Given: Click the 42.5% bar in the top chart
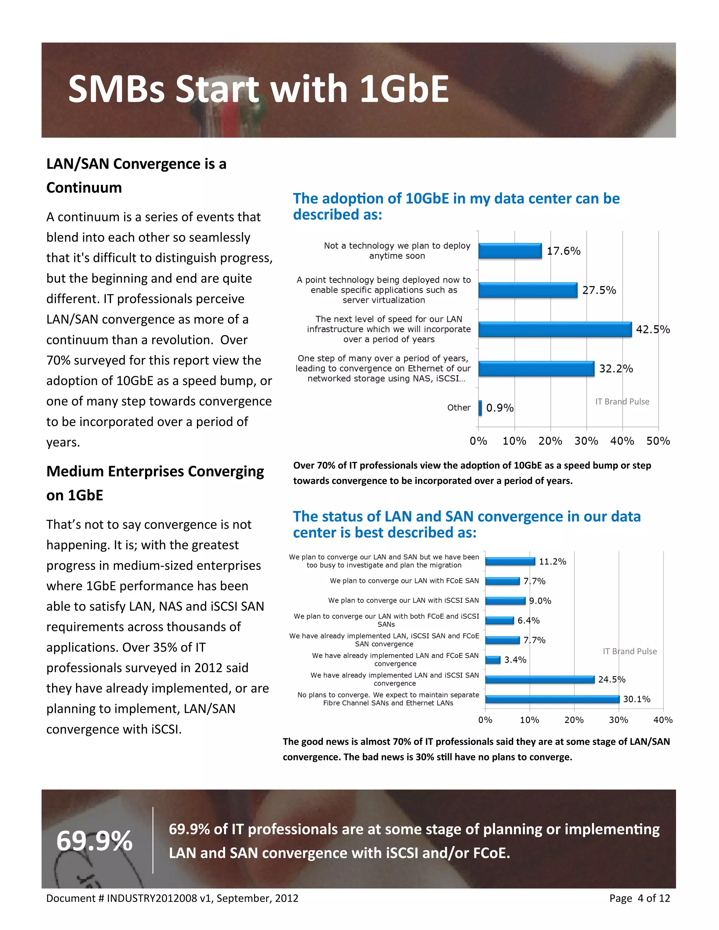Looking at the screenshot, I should click(555, 329).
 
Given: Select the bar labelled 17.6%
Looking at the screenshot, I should click(510, 251).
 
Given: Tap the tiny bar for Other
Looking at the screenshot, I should click(480, 407).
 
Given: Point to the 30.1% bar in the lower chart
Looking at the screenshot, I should click(552, 699).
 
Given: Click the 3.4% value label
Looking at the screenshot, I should click(515, 660).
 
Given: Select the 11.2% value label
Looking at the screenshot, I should click(553, 561).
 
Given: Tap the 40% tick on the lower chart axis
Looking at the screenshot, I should click(663, 720).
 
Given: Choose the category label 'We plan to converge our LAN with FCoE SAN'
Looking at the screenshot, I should click(404, 580).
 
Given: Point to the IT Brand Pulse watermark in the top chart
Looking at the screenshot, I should click(622, 401).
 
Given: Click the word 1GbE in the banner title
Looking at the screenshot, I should click(404, 89).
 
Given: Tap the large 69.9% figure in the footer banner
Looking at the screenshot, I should click(94, 841).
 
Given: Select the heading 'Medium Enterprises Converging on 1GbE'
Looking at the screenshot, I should click(155, 483).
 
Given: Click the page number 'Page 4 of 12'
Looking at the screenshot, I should click(639, 898).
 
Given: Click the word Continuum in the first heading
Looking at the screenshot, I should click(84, 187).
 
